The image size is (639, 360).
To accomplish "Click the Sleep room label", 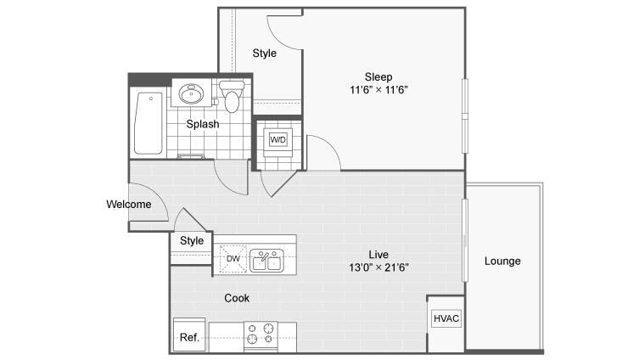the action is [378, 76].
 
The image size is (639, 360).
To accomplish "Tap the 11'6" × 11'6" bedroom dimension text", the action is [378, 90].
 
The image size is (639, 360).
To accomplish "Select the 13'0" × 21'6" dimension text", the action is [378, 267].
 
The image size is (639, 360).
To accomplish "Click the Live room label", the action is [378, 255].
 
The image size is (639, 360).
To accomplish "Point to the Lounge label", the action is [502, 261].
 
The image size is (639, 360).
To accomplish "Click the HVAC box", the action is [446, 318].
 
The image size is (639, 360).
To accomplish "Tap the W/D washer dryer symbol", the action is [278, 139].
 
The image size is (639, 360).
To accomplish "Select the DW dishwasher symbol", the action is [233, 258].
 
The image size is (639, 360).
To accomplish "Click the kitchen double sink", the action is [266, 260].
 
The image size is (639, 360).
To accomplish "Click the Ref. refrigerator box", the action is [189, 335].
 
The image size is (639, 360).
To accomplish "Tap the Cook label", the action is [237, 298].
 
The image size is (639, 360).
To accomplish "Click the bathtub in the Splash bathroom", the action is [149, 123].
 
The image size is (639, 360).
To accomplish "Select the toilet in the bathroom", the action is [232, 96].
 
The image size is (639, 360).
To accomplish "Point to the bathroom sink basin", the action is [191, 94].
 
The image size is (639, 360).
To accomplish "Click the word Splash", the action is [203, 124].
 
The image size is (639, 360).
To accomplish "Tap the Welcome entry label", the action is [129, 204].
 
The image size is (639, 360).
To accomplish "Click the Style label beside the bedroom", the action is [265, 53].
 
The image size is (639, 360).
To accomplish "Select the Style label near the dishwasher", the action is [192, 240].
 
